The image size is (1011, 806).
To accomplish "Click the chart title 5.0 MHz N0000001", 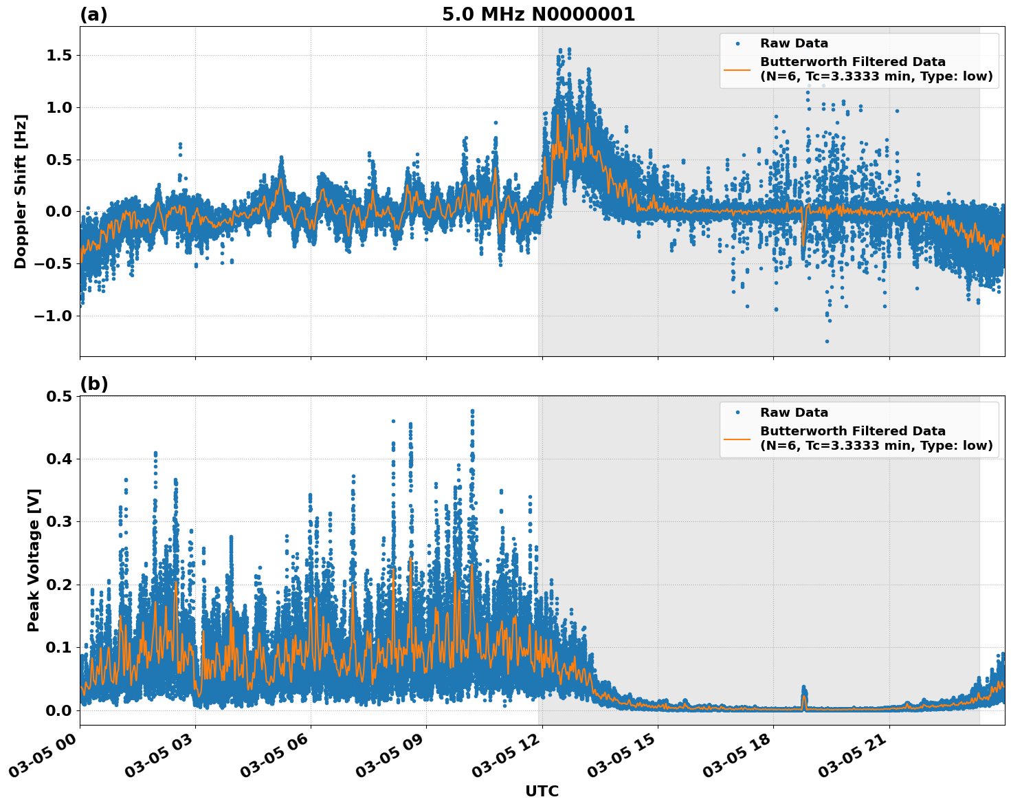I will (538, 14).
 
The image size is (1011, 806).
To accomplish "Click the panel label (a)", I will (93, 14).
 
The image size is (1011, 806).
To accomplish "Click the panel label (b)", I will (93, 384).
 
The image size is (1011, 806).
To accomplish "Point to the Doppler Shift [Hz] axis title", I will (21, 191).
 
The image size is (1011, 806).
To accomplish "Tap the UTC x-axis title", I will (542, 791).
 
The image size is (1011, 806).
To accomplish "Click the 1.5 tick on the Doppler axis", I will (59, 56).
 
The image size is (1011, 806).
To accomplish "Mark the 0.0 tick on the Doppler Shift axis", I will (59, 212).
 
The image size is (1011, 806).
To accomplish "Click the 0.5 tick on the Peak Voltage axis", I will (59, 396).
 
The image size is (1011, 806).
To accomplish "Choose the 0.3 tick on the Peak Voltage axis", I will (59, 522).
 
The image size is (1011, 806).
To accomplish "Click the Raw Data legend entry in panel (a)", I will (794, 43).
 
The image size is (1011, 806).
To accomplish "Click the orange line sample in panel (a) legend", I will (737, 69).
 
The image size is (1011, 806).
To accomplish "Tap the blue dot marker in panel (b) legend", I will (737, 413).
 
